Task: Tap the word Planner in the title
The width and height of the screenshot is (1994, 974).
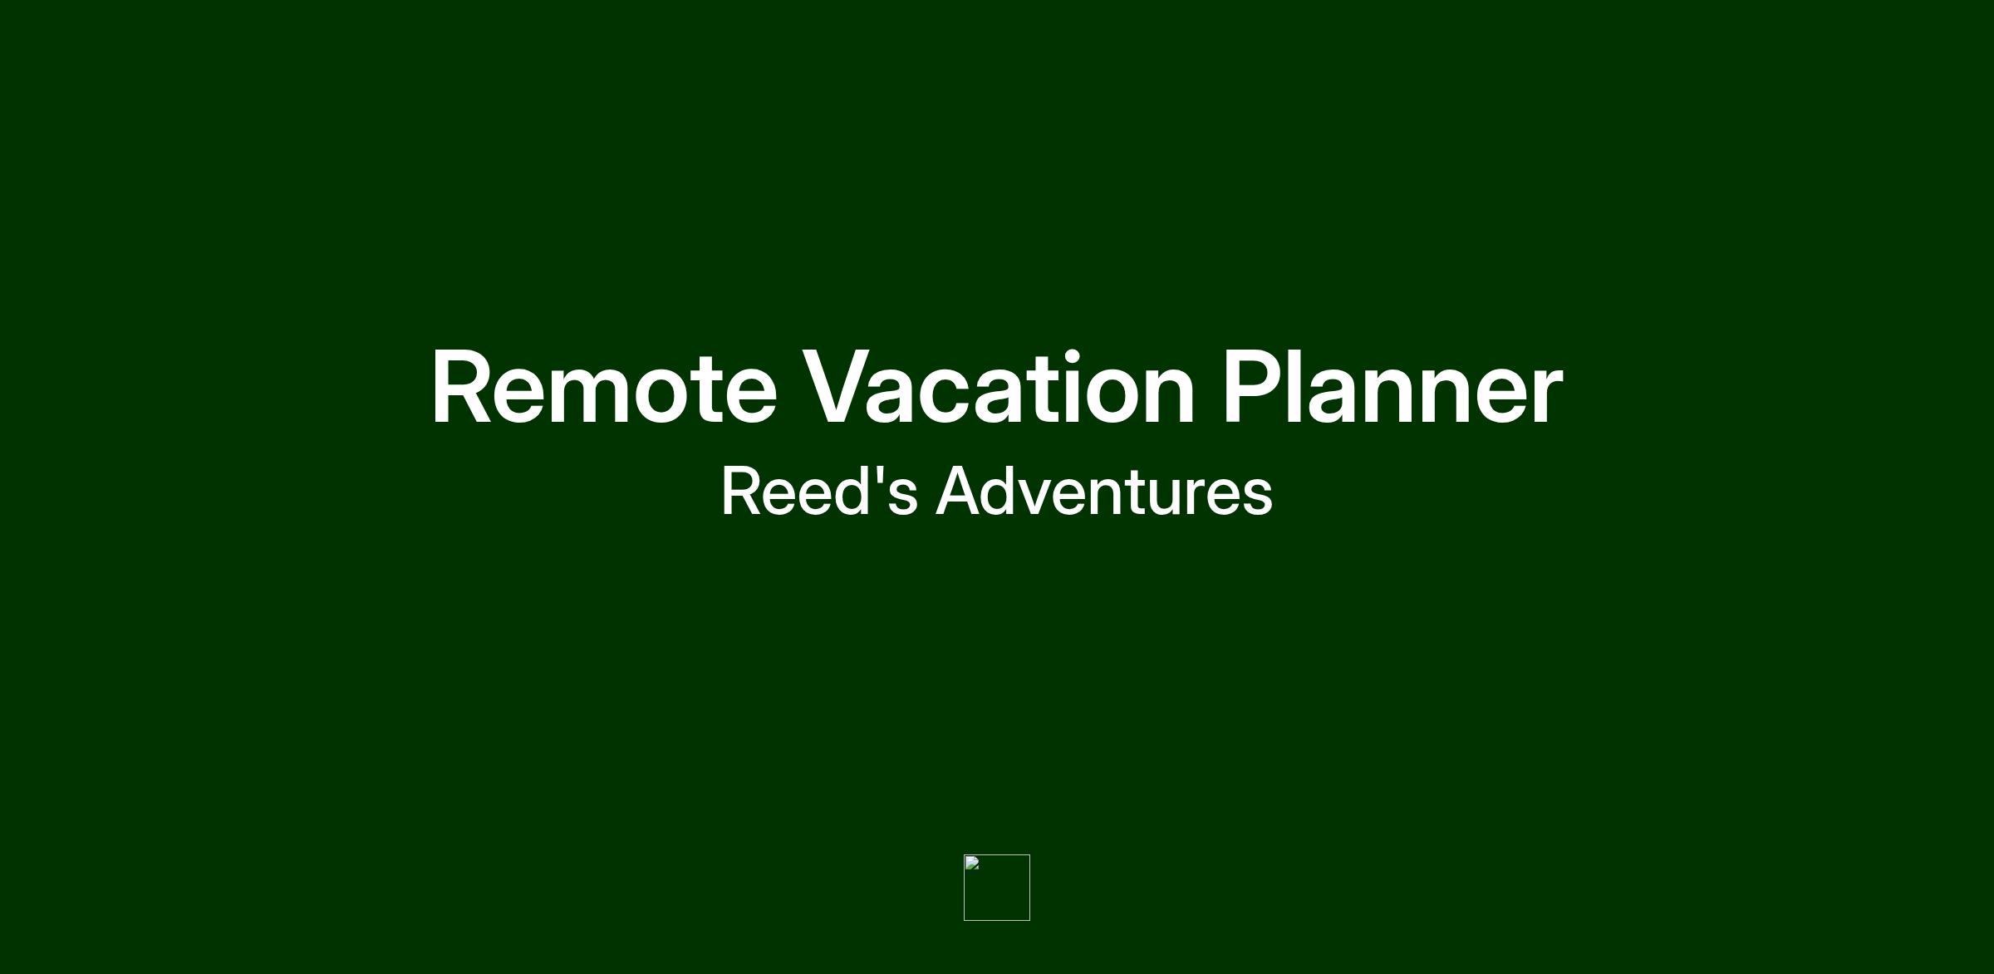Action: point(1393,388)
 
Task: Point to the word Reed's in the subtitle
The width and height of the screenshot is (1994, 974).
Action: point(819,491)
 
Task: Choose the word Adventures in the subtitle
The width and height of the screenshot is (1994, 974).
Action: point(1104,491)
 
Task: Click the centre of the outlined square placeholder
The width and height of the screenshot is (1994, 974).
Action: point(997,888)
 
